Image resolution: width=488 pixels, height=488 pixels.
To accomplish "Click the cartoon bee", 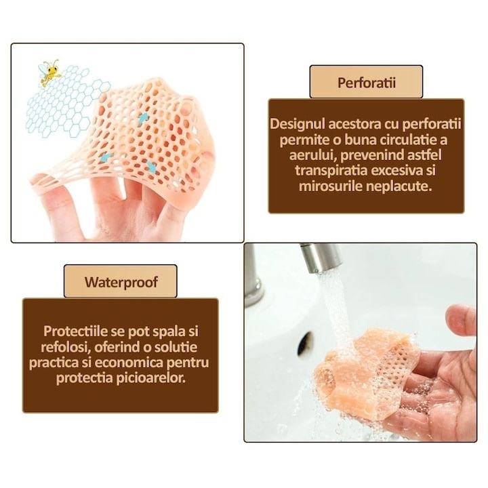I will coord(49,73).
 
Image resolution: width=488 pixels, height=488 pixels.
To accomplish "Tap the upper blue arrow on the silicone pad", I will coord(144,118).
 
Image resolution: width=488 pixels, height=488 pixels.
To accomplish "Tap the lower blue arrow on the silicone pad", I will coord(106,157).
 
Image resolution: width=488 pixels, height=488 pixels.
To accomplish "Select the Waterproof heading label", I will coord(121,281).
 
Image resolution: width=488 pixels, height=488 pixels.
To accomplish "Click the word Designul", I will coord(300,125).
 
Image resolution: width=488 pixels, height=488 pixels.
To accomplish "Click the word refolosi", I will coord(63,347).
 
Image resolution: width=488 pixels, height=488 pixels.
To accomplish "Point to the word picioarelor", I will coord(151,378).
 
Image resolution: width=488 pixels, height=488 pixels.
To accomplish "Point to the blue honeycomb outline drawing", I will coord(64,108).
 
